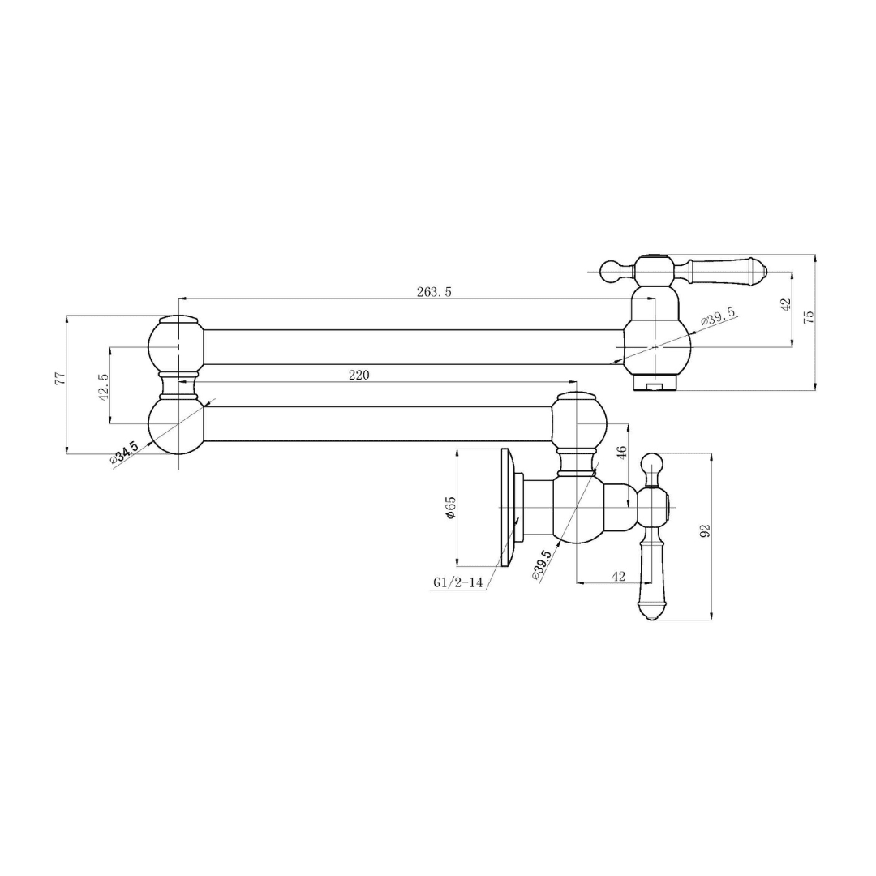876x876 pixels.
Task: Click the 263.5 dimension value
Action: [433, 292]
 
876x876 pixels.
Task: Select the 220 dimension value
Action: [359, 375]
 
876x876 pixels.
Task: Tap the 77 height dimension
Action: [62, 378]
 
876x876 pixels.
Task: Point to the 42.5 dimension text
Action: [103, 388]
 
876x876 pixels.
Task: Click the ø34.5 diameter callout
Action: [124, 453]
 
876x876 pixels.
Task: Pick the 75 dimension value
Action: [809, 317]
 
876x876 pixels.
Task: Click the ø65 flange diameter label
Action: [451, 507]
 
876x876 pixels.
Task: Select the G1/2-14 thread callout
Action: [457, 582]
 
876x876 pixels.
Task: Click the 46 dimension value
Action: [623, 452]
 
